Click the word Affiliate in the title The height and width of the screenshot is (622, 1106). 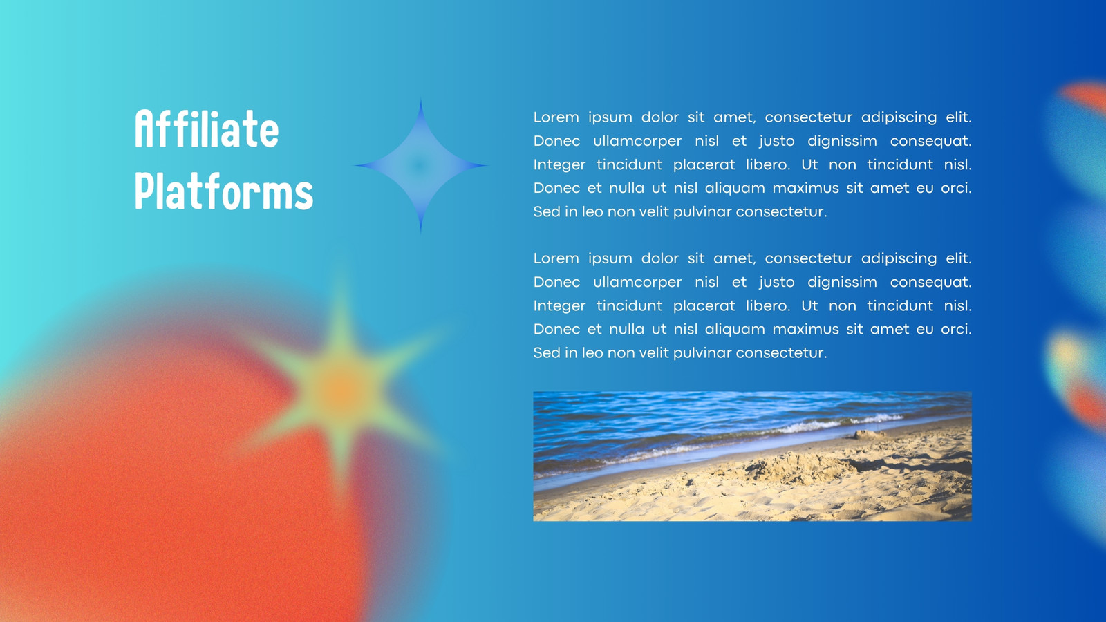[207, 129]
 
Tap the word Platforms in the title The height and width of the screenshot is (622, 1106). [224, 191]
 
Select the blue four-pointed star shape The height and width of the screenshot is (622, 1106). [420, 166]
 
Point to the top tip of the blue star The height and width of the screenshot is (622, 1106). [420, 99]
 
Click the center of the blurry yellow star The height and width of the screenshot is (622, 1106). [341, 388]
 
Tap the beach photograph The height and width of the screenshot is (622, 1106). [752, 456]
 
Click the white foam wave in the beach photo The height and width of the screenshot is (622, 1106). [839, 424]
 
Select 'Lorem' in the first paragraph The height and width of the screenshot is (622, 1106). [556, 117]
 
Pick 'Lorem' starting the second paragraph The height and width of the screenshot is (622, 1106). [556, 258]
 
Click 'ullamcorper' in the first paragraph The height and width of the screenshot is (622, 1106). [637, 141]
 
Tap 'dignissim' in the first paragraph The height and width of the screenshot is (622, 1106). [843, 141]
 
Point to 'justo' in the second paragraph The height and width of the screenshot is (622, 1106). [777, 283]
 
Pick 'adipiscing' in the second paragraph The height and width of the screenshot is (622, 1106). [899, 258]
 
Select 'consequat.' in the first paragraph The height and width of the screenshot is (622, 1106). [930, 141]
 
